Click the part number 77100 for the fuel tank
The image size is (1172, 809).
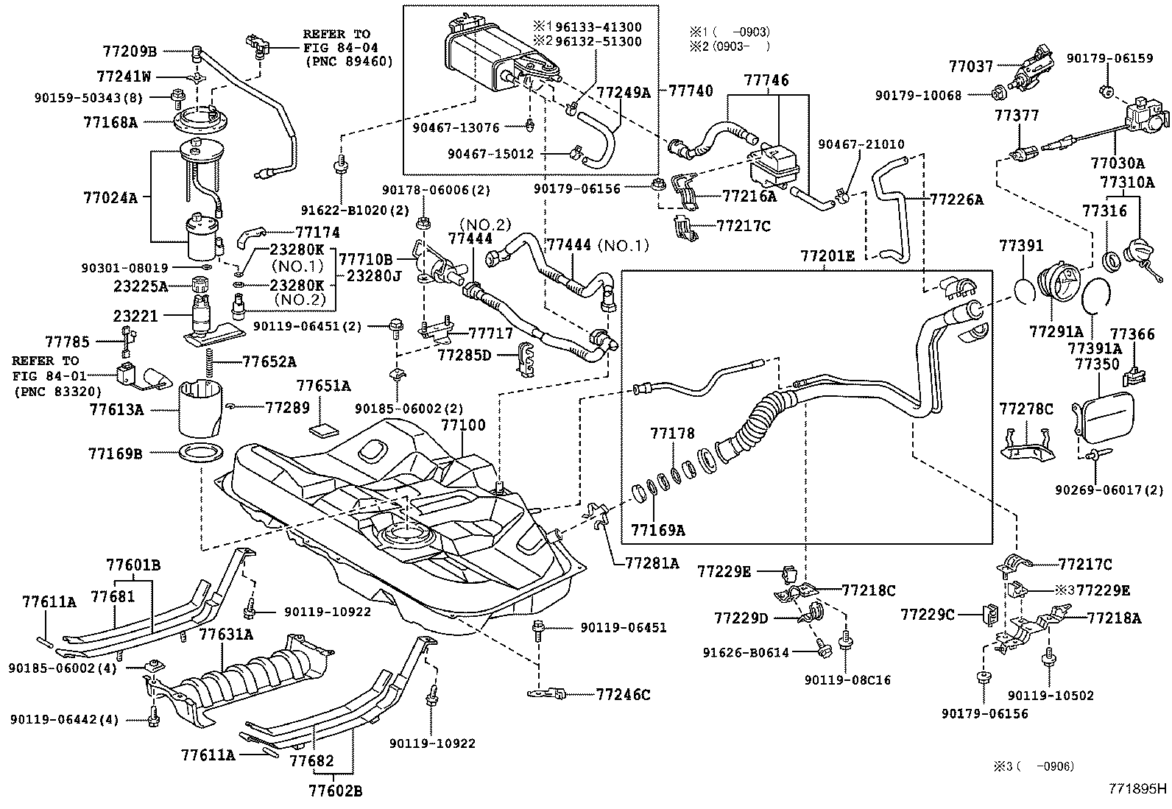(463, 425)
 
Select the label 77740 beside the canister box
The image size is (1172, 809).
(691, 91)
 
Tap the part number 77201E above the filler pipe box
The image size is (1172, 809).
(828, 256)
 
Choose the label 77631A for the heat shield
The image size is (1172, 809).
(227, 634)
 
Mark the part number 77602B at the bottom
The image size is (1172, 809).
(335, 791)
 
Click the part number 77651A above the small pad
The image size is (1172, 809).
(323, 386)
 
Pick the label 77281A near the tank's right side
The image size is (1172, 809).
(652, 563)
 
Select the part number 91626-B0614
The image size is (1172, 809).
(746, 652)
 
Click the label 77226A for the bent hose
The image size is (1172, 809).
(956, 199)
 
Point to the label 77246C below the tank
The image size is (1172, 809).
(623, 693)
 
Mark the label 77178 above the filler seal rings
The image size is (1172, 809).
(672, 434)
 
